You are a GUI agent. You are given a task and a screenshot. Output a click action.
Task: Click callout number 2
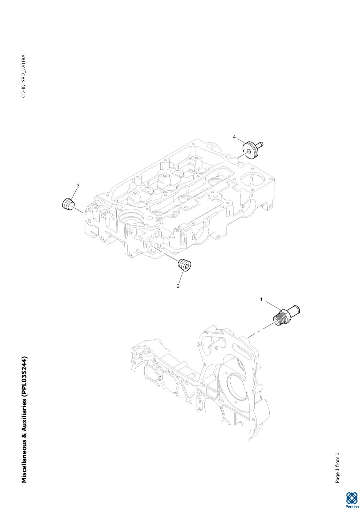tap(178, 286)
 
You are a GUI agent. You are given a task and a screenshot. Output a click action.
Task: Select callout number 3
tap(78, 186)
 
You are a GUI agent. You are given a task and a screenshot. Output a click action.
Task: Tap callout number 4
tap(234, 137)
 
